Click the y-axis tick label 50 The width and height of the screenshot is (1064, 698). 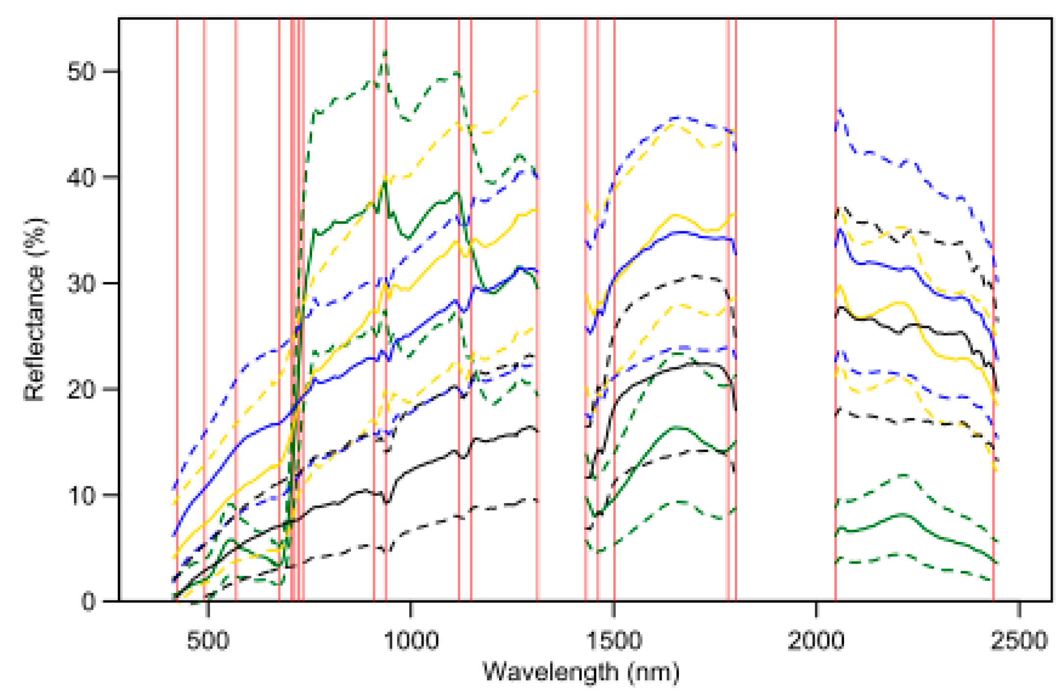coord(80,72)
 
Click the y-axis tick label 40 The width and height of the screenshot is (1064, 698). coord(80,178)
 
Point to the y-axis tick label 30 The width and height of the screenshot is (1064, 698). coord(80,284)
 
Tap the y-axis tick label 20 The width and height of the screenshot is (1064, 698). coord(80,390)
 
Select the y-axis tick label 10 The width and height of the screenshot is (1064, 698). coord(80,496)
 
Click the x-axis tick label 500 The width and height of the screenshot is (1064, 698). coord(208,641)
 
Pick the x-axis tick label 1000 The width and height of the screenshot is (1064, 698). coord(411,641)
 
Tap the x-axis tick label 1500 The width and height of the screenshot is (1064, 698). coord(614,641)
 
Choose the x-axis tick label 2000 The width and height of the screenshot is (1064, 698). coord(816,641)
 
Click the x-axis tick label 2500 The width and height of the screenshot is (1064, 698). coord(1019,641)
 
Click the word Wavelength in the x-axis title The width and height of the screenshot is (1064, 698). coord(550,672)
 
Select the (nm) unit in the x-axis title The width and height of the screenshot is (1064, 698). coord(653,672)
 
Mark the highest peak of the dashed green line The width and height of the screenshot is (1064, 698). coord(385,51)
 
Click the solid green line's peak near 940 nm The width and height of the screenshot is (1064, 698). coord(386,182)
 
